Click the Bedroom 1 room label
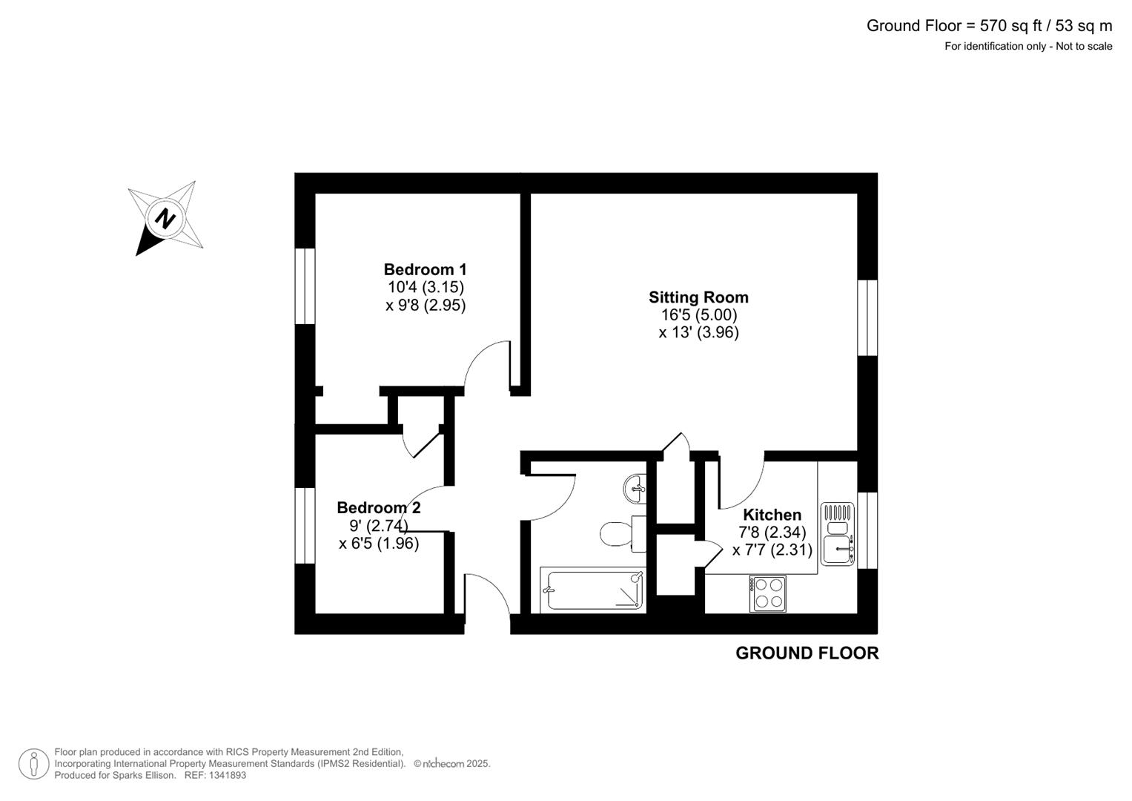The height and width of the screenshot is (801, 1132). (x=425, y=269)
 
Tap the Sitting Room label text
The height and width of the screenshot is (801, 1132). (x=698, y=297)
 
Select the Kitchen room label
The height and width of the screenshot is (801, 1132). (x=772, y=515)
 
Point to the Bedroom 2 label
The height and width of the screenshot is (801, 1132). (x=378, y=508)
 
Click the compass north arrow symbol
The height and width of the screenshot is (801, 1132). (x=165, y=219)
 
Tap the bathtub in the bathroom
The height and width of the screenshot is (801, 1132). (x=593, y=590)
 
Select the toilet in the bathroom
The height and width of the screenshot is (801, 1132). (x=617, y=533)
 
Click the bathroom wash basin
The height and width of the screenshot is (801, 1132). (x=635, y=488)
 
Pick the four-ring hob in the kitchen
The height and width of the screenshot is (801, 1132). (x=767, y=593)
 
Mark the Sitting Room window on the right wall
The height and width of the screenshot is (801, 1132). (x=867, y=317)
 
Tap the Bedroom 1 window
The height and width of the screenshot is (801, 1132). (x=305, y=286)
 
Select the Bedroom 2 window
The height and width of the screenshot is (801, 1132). (x=305, y=525)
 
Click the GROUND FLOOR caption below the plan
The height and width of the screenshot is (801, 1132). (x=807, y=653)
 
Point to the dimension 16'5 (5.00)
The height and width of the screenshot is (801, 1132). (x=698, y=315)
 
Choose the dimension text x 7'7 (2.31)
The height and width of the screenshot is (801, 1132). (x=772, y=550)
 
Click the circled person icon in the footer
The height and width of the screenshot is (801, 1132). (x=34, y=763)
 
